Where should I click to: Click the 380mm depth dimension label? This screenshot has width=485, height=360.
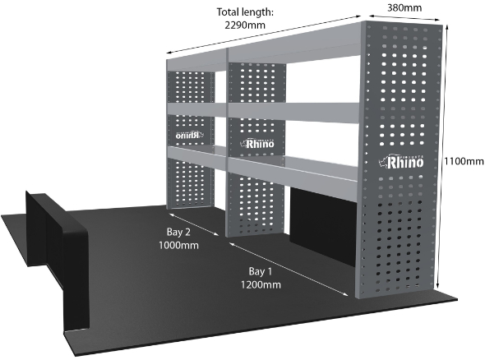404,7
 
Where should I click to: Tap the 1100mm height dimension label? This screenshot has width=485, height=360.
464,161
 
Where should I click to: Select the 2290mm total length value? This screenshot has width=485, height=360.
245,25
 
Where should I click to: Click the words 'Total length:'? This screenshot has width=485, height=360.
245,12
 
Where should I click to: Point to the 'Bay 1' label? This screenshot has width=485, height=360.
261,271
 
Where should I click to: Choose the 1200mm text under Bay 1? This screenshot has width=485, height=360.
261,284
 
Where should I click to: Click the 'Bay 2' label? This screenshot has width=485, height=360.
178,232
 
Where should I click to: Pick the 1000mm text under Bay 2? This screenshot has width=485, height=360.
178,245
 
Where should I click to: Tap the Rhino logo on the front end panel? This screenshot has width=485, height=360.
401,161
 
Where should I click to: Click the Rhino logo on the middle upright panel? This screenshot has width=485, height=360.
257,143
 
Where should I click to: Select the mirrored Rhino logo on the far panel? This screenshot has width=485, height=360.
189,135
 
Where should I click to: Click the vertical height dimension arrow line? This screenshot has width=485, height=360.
441,157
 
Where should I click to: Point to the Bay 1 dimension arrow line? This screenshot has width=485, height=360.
289,269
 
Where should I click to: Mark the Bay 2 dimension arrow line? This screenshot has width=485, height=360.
194,224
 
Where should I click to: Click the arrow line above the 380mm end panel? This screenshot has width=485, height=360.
405,17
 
